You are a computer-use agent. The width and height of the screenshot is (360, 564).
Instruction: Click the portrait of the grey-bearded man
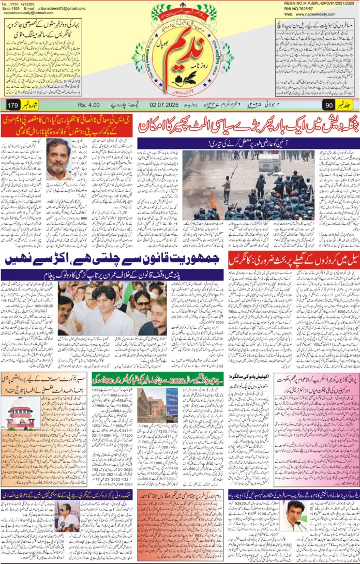(x=58, y=158)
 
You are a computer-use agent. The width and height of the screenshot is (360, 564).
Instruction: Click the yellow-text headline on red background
(x=72, y=126)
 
